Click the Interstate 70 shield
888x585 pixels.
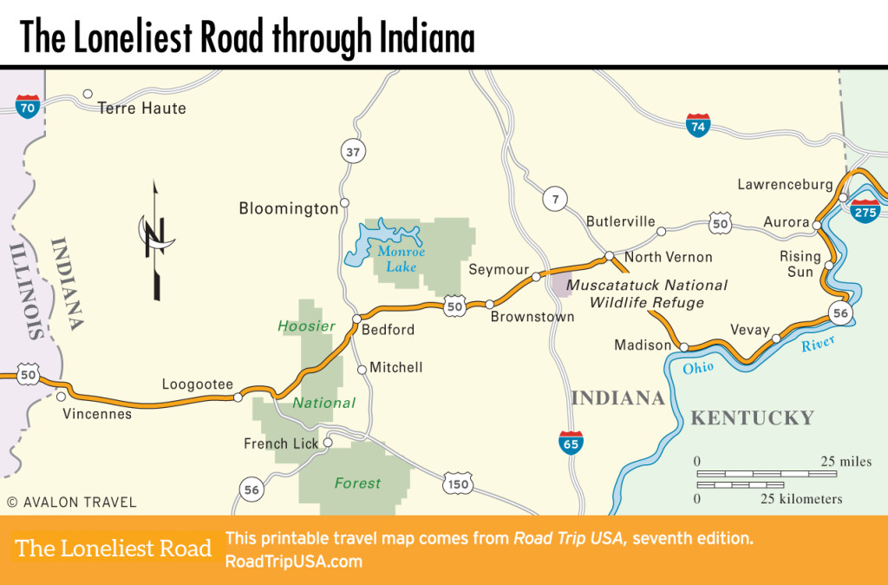point(28,107)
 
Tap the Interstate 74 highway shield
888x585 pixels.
point(697,125)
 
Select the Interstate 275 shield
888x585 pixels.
point(865,209)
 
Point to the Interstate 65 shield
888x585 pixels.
point(571,442)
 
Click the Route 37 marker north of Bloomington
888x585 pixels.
point(352,153)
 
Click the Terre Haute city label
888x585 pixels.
point(141,108)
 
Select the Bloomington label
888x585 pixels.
point(288,208)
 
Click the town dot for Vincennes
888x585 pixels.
point(61,396)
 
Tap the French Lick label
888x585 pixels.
point(281,444)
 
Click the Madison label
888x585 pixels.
point(643,345)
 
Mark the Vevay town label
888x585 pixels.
point(750,330)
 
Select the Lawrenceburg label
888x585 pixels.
point(785,185)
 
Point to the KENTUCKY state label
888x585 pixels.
point(752,418)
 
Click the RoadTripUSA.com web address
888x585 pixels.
point(293,562)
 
